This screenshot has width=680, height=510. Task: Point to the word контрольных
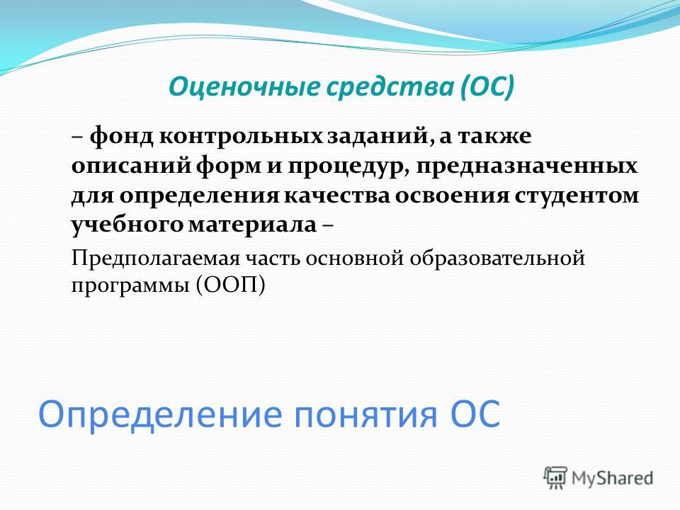click(x=241, y=137)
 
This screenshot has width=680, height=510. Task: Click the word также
click(x=495, y=137)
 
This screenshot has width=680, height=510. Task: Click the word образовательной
click(x=497, y=259)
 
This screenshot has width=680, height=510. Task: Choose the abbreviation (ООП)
click(x=229, y=286)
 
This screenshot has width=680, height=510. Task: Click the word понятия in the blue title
click(x=365, y=415)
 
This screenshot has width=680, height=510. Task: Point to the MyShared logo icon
click(x=555, y=478)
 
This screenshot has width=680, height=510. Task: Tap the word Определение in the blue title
click(x=160, y=414)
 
